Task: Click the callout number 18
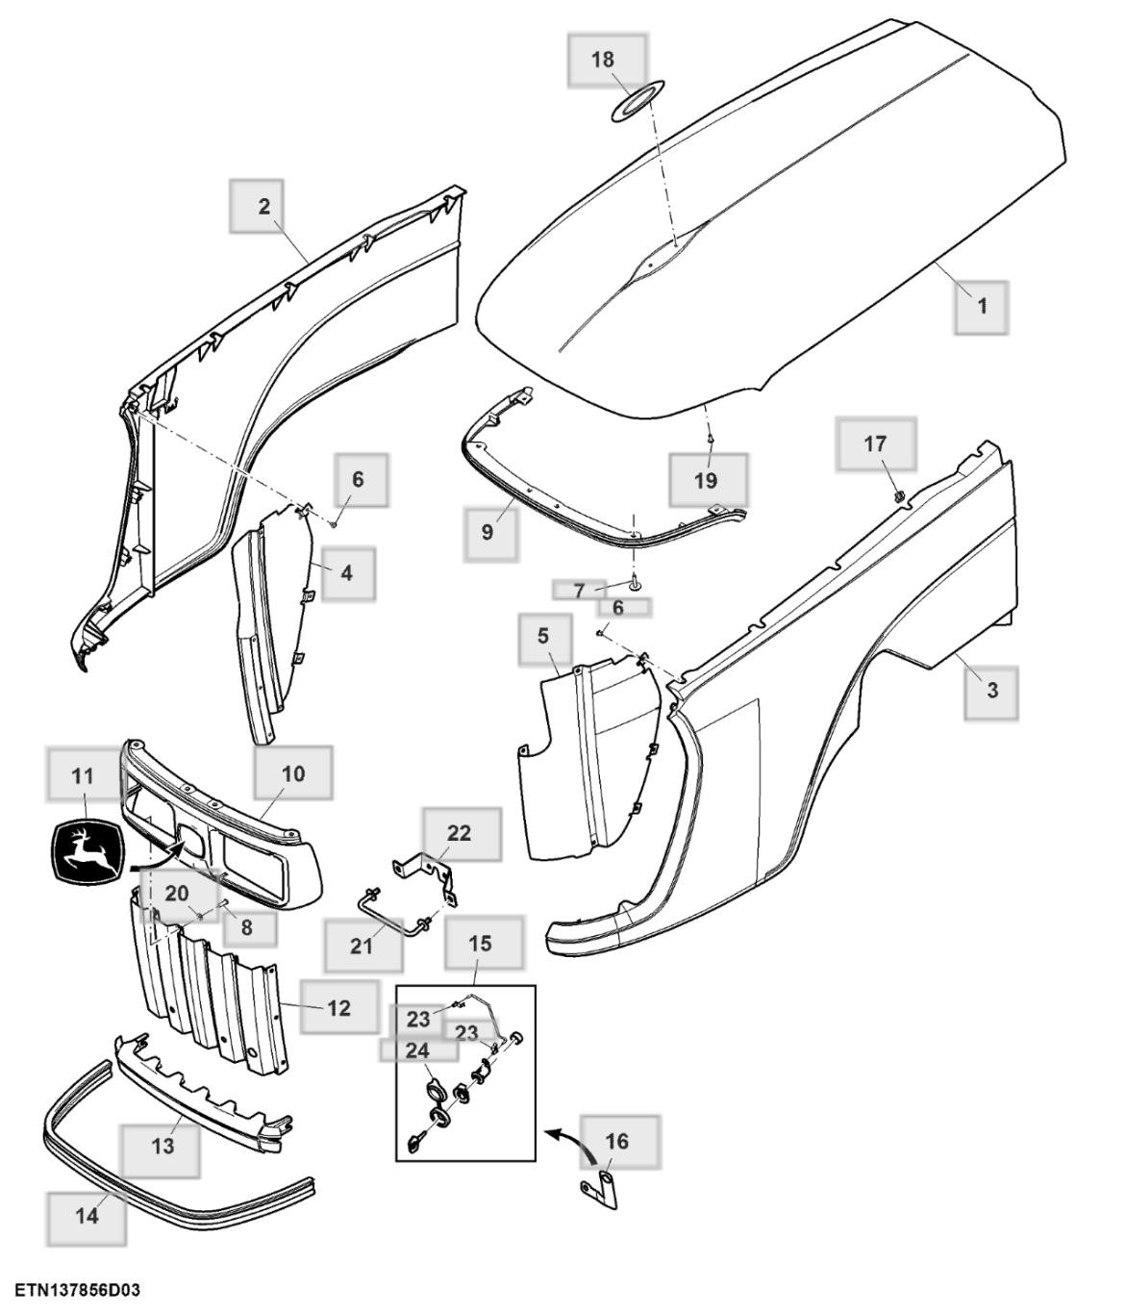click(603, 60)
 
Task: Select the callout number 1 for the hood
click(982, 306)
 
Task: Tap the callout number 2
click(263, 205)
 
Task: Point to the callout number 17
click(875, 443)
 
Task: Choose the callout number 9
click(487, 532)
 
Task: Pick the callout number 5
click(543, 636)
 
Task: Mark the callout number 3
click(991, 690)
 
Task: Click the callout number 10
click(293, 772)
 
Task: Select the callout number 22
click(460, 833)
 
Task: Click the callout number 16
click(617, 1141)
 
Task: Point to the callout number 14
click(87, 1215)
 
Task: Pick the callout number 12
click(338, 1008)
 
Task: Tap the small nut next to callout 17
click(898, 495)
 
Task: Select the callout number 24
click(417, 1049)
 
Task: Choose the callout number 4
click(346, 572)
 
